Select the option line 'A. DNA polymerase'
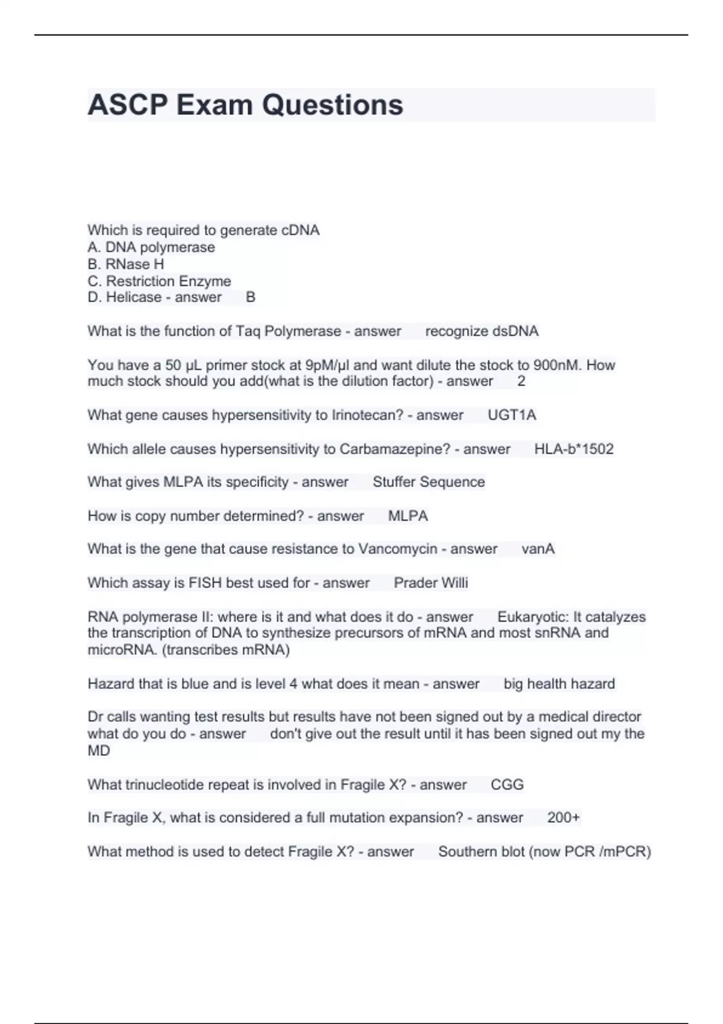click(x=151, y=248)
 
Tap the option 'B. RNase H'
click(x=126, y=264)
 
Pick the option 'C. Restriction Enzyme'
click(x=160, y=281)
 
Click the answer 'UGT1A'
click(x=512, y=415)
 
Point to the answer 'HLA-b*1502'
click(x=574, y=449)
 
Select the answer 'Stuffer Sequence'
click(x=428, y=482)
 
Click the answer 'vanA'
click(x=538, y=549)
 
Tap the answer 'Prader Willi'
click(x=431, y=582)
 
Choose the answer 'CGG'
click(x=507, y=784)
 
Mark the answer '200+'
click(x=563, y=817)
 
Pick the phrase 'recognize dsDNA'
click(x=482, y=331)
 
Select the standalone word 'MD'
click(x=99, y=751)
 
